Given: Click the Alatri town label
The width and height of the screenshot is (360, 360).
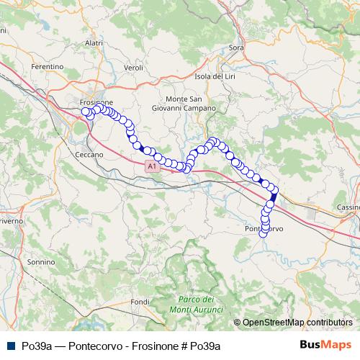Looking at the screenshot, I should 94,44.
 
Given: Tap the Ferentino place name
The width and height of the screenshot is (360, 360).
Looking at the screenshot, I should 48,66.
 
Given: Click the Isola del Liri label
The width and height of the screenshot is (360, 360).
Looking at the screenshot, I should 216,76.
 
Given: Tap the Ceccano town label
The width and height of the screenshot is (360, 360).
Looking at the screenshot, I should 89,154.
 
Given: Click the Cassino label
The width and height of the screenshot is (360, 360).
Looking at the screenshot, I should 348,207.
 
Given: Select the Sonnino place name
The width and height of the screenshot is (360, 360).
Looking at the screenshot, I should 41,262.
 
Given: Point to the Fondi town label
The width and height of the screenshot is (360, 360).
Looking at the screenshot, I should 140,301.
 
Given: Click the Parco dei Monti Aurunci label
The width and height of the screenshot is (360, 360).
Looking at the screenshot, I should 197,304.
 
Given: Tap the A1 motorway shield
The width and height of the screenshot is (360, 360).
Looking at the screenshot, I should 151,166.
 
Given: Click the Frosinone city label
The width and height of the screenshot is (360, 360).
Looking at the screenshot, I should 96,102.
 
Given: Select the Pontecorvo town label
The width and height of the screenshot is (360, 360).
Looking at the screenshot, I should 264,228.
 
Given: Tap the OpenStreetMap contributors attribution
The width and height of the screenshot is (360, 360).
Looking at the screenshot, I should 297,323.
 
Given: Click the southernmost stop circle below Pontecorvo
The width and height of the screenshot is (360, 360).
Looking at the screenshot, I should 264,232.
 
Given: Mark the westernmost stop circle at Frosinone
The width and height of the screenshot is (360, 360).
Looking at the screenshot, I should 86,112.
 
